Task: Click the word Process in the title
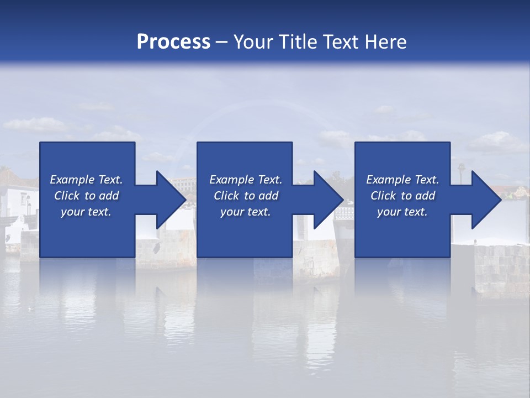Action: (173, 42)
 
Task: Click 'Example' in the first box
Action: (72, 180)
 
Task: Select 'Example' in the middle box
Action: (231, 180)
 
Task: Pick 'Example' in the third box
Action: (388, 180)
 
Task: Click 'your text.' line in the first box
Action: (86, 212)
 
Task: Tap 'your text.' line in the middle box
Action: (245, 212)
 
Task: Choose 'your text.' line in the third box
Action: (402, 212)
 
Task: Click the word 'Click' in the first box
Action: (67, 196)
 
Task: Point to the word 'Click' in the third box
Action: (383, 196)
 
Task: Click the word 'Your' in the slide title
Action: (252, 42)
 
